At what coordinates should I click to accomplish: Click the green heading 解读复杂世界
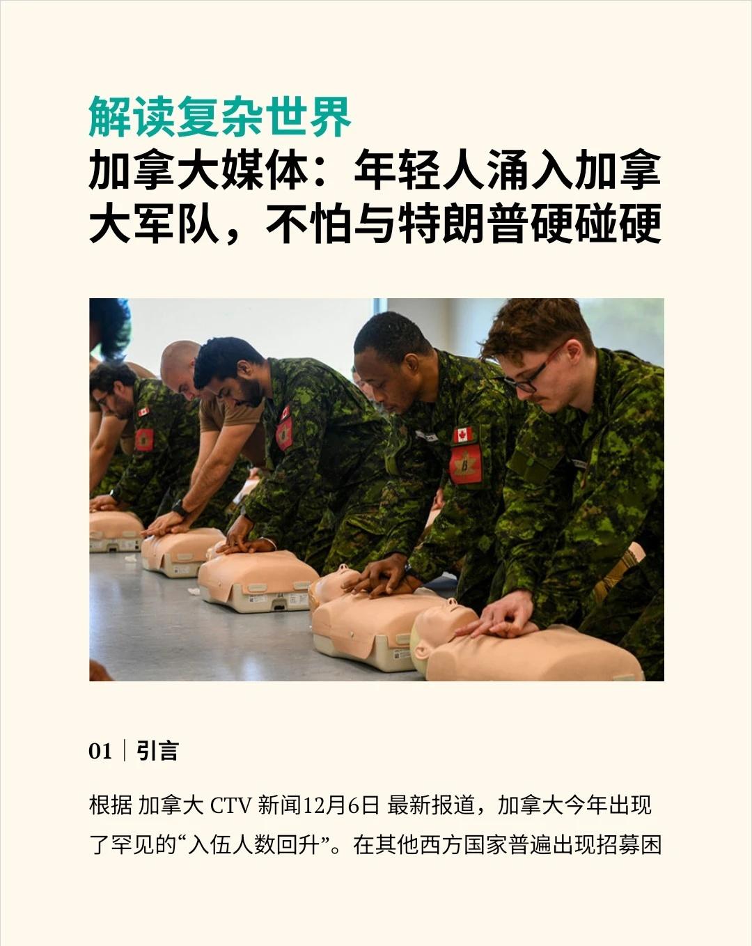point(220,118)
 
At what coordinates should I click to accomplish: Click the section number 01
point(100,751)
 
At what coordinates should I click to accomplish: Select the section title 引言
point(157,751)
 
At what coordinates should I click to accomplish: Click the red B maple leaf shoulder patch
point(465,464)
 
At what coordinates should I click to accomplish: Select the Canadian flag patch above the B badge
point(462,435)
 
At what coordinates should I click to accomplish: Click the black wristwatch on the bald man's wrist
point(180,509)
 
